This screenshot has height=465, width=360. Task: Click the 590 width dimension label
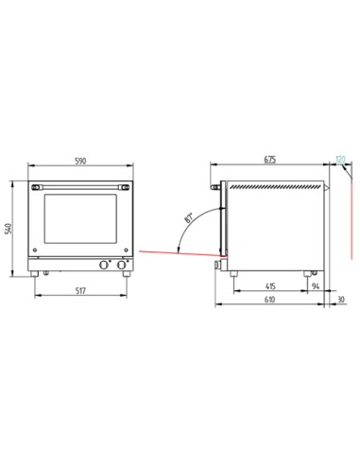pyautogui.click(x=80, y=162)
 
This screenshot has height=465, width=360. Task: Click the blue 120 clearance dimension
pyautogui.click(x=339, y=162)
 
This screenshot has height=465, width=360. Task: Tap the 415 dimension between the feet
pyautogui.click(x=269, y=284)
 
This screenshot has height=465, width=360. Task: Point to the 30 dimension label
pyautogui.click(x=340, y=301)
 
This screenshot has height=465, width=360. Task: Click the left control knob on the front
pyautogui.click(x=106, y=264)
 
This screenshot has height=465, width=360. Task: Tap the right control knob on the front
pyautogui.click(x=124, y=264)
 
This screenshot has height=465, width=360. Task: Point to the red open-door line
pyautogui.click(x=180, y=253)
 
